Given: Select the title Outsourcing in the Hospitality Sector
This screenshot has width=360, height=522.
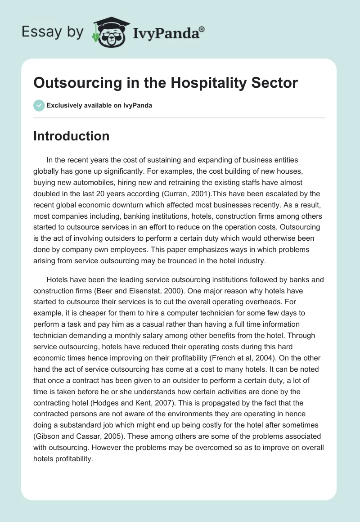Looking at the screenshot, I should tap(166, 83).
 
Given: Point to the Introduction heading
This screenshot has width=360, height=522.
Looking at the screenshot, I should tap(71, 136).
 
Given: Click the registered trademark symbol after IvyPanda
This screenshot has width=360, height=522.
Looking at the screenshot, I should tap(202, 28).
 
